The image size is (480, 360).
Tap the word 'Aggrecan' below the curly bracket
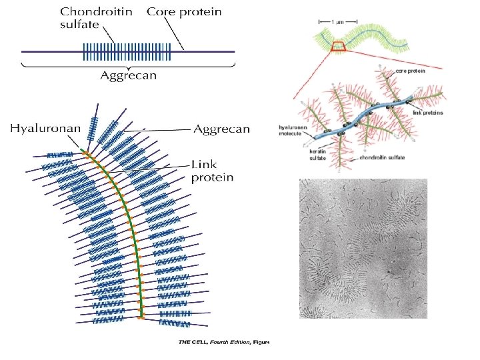[x=129, y=75]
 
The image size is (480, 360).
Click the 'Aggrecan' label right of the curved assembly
[x=221, y=129]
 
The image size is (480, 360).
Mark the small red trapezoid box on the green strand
[x=337, y=46]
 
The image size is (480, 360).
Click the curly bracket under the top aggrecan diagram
[x=129, y=65]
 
